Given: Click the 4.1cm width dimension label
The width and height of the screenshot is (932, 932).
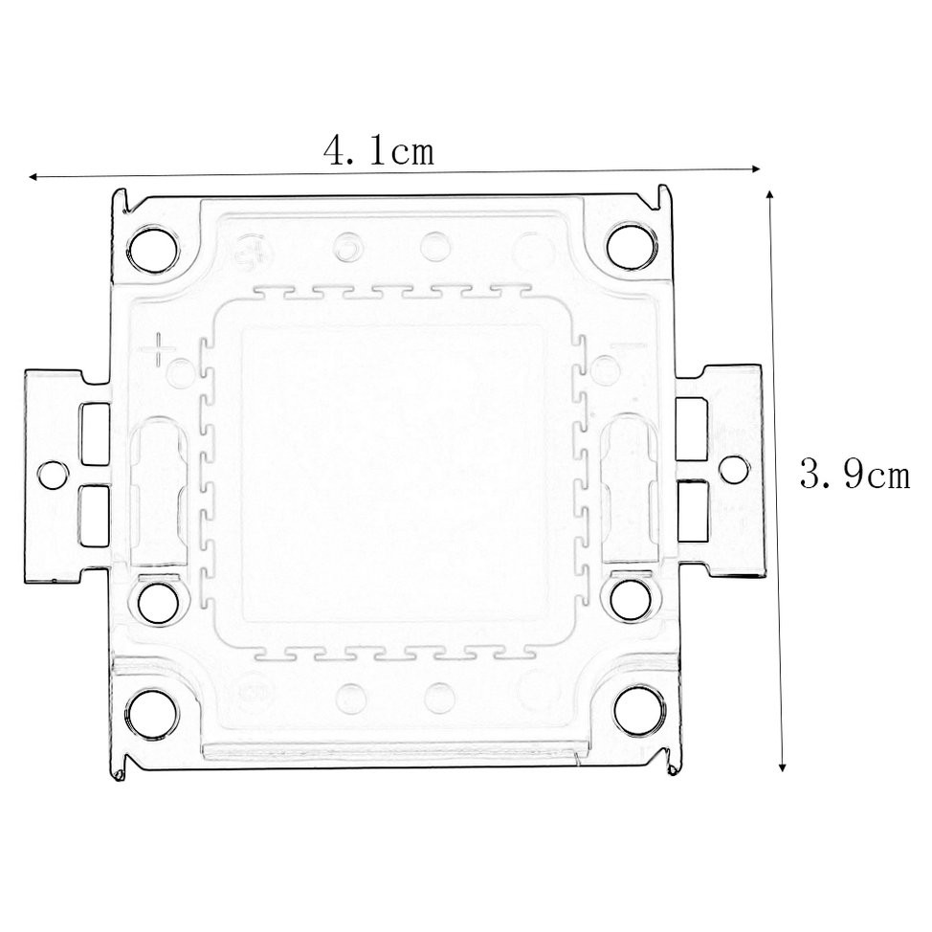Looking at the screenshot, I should (x=380, y=151).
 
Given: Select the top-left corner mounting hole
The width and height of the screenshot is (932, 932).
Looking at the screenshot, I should (x=151, y=248).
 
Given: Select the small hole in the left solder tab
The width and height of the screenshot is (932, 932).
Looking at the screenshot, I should (x=52, y=473).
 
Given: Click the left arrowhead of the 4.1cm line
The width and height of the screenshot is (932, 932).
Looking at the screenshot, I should (x=33, y=177).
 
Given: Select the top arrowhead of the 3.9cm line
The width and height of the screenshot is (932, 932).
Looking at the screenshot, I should (x=771, y=194).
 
